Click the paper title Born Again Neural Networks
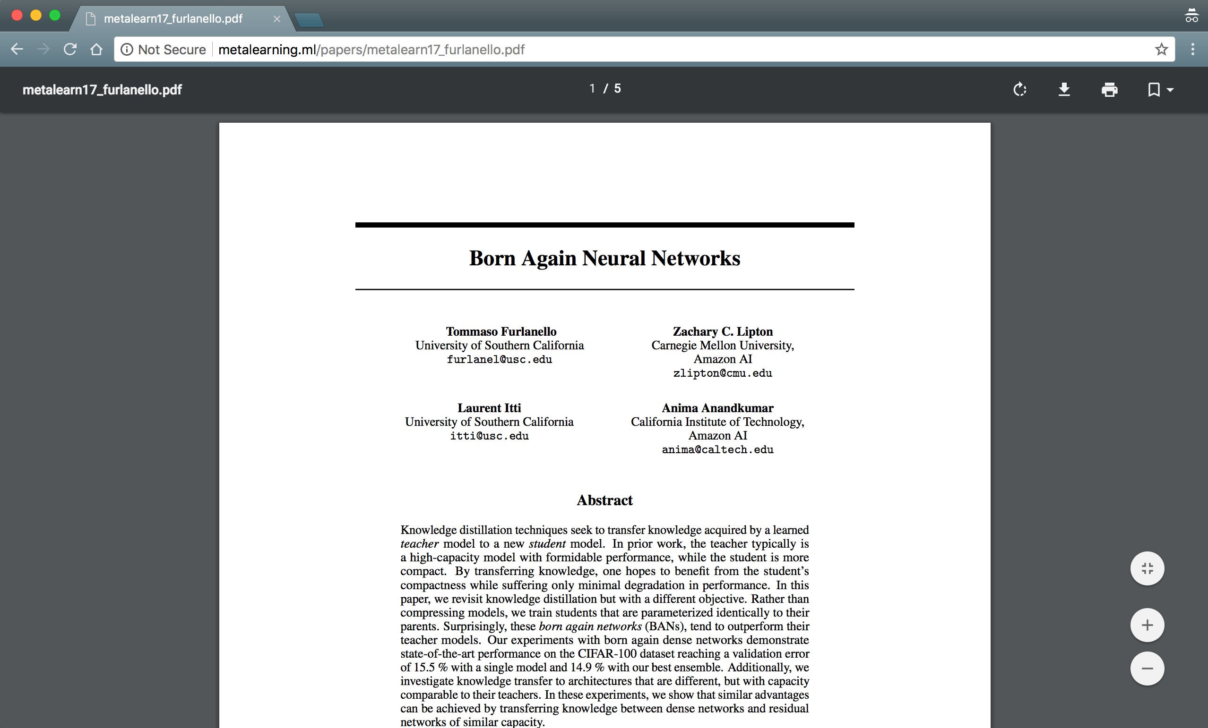pyautogui.click(x=604, y=258)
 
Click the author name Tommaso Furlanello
pyautogui.click(x=500, y=332)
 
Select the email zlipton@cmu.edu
pyautogui.click(x=722, y=373)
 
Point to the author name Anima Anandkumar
pyautogui.click(x=717, y=408)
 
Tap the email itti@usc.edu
pyautogui.click(x=489, y=436)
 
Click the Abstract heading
pyautogui.click(x=604, y=500)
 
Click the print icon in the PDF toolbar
pyautogui.click(x=1109, y=90)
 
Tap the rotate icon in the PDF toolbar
pyautogui.click(x=1020, y=90)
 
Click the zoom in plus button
pyautogui.click(x=1147, y=625)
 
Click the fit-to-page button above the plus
pyautogui.click(x=1147, y=568)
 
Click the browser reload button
pyautogui.click(x=70, y=50)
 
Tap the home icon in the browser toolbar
pyautogui.click(x=96, y=50)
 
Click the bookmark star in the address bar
pyautogui.click(x=1161, y=50)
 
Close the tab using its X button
pyautogui.click(x=277, y=18)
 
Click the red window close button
pyautogui.click(x=17, y=15)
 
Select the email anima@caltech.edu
pyautogui.click(x=717, y=450)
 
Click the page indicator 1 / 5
pyautogui.click(x=605, y=89)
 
